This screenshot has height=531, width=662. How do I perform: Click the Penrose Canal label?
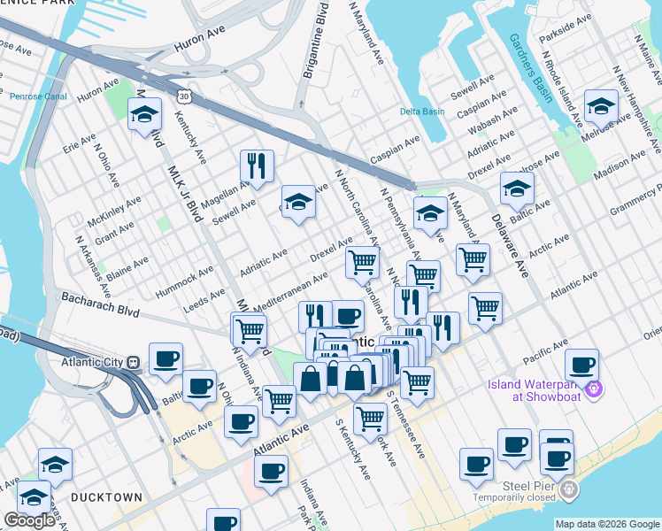[x=37, y=96]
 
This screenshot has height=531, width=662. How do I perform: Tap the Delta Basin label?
[x=421, y=112]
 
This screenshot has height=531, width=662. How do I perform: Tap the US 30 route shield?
[x=181, y=95]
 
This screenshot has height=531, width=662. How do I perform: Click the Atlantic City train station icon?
[x=134, y=361]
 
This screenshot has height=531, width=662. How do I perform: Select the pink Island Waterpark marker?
[x=593, y=388]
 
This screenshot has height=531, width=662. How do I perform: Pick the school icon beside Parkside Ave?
[x=601, y=107]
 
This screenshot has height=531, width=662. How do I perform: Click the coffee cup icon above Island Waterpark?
[x=581, y=365]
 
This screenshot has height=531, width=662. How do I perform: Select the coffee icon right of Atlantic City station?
[x=165, y=358]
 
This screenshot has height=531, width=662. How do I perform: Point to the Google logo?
[x=29, y=520]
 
